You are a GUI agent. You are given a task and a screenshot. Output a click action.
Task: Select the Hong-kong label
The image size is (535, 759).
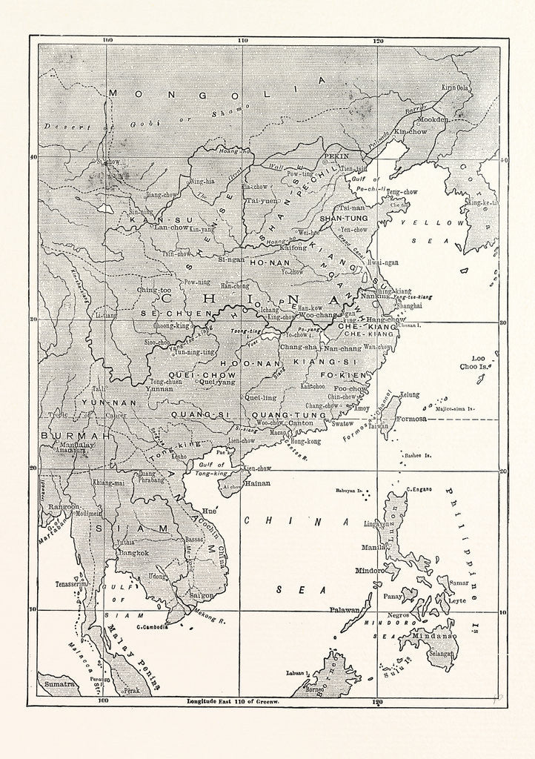pos(305,441)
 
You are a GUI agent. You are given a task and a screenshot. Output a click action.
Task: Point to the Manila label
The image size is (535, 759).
pos(373,546)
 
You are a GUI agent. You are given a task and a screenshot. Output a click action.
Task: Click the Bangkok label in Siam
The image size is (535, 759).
pos(133,552)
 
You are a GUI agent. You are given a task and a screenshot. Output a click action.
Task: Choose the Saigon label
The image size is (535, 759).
pos(202,595)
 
